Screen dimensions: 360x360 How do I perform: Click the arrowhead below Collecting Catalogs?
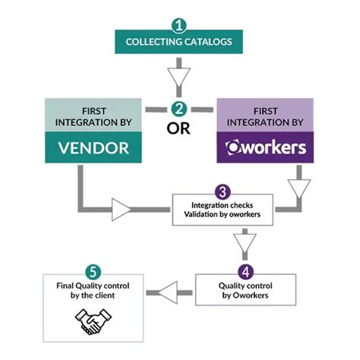point(180,77)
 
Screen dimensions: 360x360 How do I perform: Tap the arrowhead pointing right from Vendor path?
point(122,207)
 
